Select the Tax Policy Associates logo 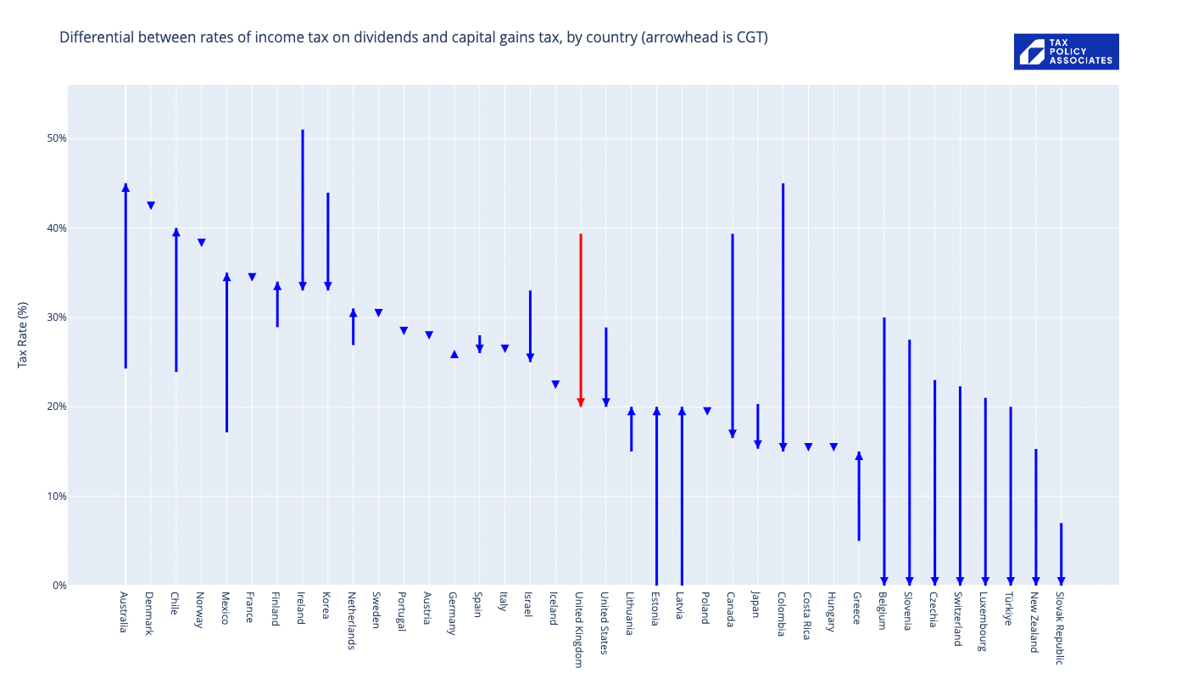pos(1066,52)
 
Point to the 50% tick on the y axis pos(56,138)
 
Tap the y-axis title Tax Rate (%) pos(23,334)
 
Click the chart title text pos(413,37)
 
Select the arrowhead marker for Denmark pos(151,205)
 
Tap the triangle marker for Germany pos(454,354)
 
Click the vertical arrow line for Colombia pos(783,314)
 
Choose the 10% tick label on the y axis pos(56,496)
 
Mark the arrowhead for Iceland pos(555,384)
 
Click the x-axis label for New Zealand pos(1034,622)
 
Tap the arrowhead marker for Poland pos(707,412)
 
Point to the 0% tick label pos(59,585)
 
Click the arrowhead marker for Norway pos(202,243)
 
